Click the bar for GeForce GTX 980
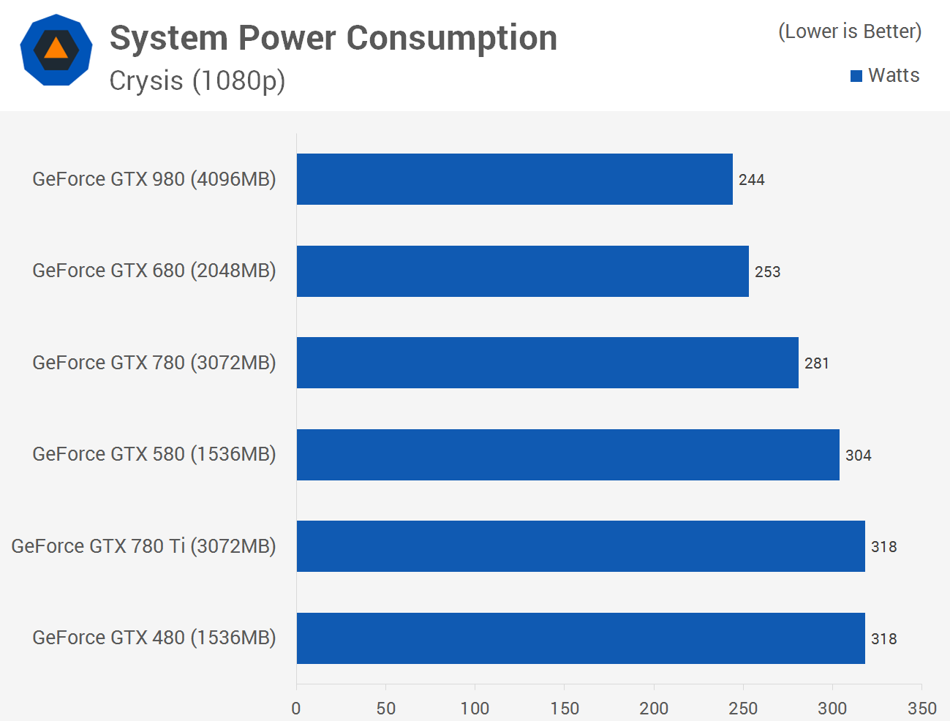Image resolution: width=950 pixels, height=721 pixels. (x=514, y=179)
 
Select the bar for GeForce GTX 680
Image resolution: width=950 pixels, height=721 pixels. (x=522, y=271)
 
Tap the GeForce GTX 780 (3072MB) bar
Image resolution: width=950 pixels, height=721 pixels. (x=547, y=363)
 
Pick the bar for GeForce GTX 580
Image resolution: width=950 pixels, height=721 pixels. (x=568, y=455)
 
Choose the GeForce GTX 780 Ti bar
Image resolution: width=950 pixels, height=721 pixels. (x=581, y=546)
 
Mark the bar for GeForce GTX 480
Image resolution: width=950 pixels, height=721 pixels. (x=581, y=638)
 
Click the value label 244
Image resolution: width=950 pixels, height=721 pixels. (x=751, y=180)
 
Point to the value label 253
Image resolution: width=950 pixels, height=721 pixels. (x=767, y=272)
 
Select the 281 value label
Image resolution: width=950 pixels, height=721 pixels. (x=816, y=363)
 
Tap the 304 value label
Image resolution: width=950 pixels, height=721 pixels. (x=858, y=456)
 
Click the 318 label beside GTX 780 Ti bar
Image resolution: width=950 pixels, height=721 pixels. (x=883, y=547)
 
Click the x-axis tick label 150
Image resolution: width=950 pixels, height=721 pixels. (x=565, y=708)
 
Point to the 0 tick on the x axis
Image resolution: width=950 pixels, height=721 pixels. (x=296, y=708)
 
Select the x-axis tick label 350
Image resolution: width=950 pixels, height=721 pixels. (x=921, y=708)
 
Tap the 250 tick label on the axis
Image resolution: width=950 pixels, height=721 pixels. (x=743, y=708)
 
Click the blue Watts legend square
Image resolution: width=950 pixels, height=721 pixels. (x=856, y=76)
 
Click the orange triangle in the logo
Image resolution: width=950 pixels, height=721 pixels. (x=56, y=49)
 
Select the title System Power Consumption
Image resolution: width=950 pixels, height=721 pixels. (x=333, y=38)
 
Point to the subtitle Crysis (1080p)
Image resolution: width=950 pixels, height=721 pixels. (x=197, y=80)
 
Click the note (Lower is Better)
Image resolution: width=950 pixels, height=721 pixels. (x=850, y=31)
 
